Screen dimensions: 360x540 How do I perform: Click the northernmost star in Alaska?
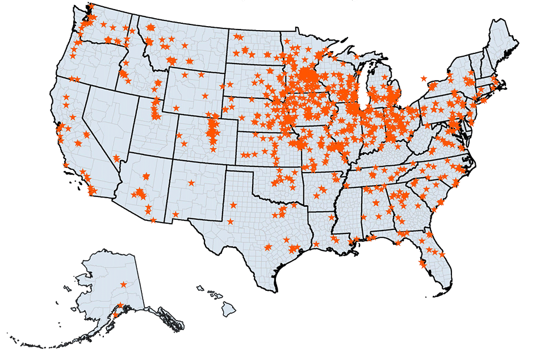[124, 284]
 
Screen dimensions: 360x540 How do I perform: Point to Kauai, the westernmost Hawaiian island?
[200, 288]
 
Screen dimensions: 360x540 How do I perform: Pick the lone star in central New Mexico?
[191, 183]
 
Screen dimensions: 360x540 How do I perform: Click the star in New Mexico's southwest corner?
[175, 214]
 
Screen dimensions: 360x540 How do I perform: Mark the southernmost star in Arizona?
[153, 220]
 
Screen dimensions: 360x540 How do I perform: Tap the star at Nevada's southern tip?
[116, 158]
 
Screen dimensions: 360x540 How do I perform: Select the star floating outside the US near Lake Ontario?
[424, 78]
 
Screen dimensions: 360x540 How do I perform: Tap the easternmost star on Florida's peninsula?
[442, 254]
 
